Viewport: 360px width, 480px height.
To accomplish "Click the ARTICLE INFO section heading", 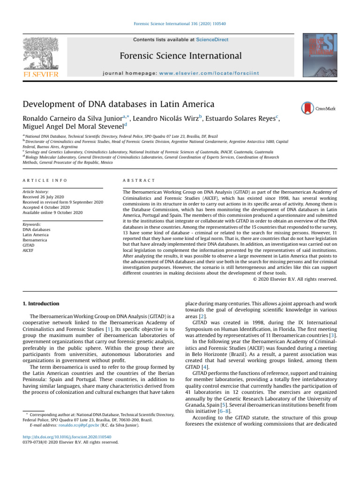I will [45, 180].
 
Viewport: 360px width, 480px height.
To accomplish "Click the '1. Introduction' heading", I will [41, 304].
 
